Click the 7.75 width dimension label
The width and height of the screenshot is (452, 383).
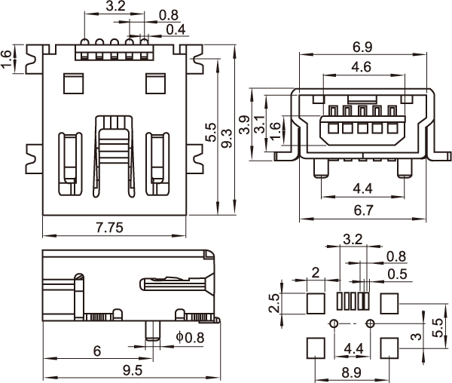[x=110, y=226]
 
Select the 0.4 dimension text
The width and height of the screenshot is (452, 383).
[x=176, y=29]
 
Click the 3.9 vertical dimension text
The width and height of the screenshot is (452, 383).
[x=244, y=125]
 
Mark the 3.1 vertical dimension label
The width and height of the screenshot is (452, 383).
[x=260, y=125]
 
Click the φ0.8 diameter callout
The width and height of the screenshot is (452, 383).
[x=189, y=336]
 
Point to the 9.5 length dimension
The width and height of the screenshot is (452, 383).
[x=133, y=369]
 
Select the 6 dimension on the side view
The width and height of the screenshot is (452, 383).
[x=96, y=351]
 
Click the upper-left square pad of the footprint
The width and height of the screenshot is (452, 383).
[x=316, y=302]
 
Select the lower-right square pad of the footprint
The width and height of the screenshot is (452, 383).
[x=389, y=348]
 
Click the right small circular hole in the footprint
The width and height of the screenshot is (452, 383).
[x=370, y=323]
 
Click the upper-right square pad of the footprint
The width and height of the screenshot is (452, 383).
[x=389, y=302]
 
